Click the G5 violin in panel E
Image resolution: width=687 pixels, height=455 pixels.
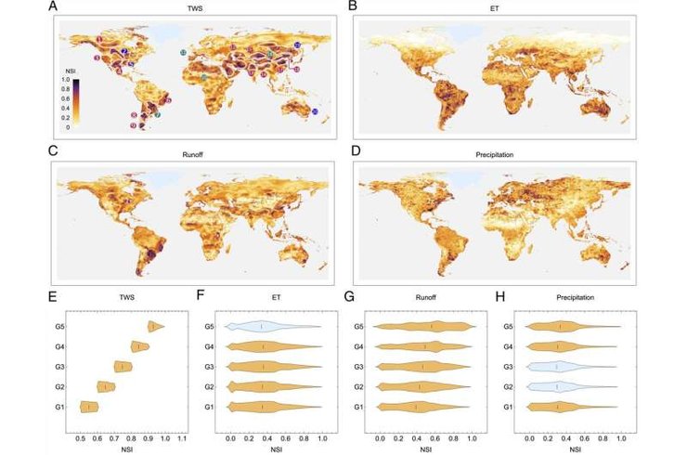pyautogui.click(x=154, y=326)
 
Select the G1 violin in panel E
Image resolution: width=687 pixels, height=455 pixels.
pyautogui.click(x=89, y=406)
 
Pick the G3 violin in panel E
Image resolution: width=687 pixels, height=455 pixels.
pyautogui.click(x=123, y=366)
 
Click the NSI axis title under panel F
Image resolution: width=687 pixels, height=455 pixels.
pyautogui.click(x=275, y=448)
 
